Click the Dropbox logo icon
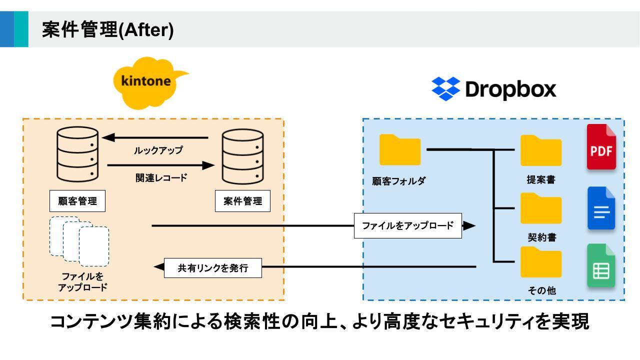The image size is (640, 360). pos(445,89)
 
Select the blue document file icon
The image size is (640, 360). pos(601,208)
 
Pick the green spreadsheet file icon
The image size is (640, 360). pos(601,266)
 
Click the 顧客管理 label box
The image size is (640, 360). pos(77,201)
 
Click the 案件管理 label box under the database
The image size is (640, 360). pos(243,201)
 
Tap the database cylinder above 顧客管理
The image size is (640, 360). pos(77,154)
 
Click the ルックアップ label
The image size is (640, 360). pos(158,150)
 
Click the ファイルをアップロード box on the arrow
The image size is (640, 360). pos(407,225)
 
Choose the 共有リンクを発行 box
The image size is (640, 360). pos(213,267)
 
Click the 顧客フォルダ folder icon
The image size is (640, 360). pos(400,149)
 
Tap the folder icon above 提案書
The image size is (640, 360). pos(541,150)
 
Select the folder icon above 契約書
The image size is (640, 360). pos(541,208)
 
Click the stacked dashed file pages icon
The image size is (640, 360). pos(79,241)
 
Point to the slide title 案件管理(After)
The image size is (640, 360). pos(108,30)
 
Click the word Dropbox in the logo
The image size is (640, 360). pos(510,89)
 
